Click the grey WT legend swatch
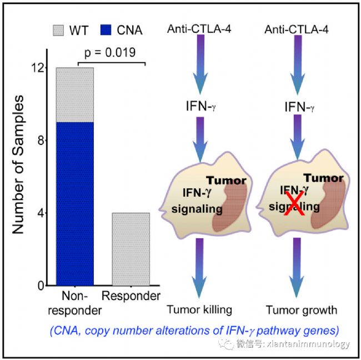tap(58, 31)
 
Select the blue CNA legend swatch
tap(106, 30)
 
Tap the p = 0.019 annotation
tap(110, 52)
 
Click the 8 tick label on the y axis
tap(41, 140)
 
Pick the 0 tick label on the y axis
tap(41, 286)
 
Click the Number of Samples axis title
tap(18, 164)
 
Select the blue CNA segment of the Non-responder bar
tap(75, 204)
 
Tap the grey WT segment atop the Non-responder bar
tap(75, 95)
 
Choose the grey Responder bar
tap(131, 249)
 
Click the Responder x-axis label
tap(131, 296)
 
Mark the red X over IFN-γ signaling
tap(294, 203)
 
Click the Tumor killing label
tap(199, 309)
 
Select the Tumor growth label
tap(302, 310)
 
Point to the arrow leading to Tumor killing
tap(199, 268)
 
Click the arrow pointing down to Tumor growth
tap(297, 268)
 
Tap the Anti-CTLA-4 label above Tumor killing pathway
tap(199, 29)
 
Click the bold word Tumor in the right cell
tap(323, 178)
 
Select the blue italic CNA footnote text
tap(194, 331)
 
